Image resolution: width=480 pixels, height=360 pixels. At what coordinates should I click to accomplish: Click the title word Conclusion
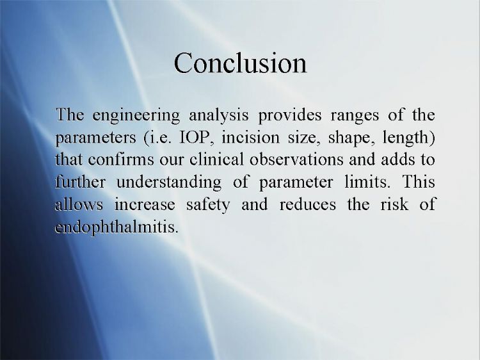click(240, 63)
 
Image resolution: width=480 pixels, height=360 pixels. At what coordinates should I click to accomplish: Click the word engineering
click(136, 116)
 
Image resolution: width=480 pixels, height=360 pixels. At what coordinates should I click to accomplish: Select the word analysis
click(219, 116)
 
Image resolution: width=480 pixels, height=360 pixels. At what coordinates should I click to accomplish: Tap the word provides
click(289, 116)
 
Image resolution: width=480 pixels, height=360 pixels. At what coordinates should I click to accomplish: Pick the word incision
click(250, 138)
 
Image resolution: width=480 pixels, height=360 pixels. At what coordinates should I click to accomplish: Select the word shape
click(351, 138)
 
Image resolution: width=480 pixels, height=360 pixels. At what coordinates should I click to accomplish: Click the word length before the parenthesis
click(406, 138)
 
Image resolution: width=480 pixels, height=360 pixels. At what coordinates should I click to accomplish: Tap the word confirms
click(121, 160)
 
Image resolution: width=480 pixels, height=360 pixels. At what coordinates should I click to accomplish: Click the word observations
click(296, 160)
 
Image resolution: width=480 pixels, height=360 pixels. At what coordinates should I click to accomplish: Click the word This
click(419, 182)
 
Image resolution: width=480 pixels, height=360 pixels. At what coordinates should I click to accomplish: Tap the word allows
click(79, 204)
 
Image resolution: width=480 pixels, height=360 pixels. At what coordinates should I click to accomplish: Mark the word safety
click(208, 205)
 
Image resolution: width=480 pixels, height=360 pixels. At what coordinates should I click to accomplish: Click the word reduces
click(307, 204)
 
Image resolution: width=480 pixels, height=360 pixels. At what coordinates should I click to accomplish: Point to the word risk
click(394, 204)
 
